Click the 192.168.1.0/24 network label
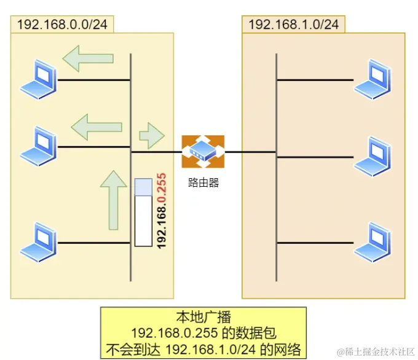[293, 25]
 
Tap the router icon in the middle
[203, 151]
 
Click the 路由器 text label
[203, 182]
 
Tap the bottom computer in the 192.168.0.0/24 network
[39, 242]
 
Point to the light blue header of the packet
[143, 187]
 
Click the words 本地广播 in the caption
[203, 318]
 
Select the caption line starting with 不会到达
[203, 349]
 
